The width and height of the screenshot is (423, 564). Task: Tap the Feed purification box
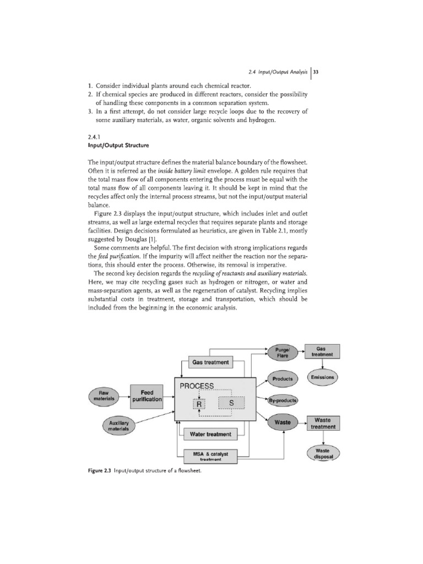pos(147,395)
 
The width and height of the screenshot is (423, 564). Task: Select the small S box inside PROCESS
pos(231,404)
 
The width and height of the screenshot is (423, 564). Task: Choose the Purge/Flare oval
pos(283,352)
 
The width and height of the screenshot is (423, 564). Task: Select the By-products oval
pos(283,400)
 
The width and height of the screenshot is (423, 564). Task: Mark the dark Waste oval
pos(283,423)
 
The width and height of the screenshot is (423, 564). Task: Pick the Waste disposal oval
pos(323,453)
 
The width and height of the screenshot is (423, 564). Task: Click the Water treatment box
pos(210,435)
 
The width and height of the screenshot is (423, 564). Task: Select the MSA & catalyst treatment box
pos(210,455)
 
